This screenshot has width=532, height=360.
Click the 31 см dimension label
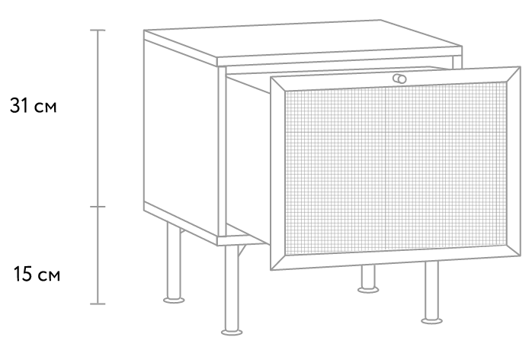pyautogui.click(x=33, y=105)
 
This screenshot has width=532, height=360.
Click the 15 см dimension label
pyautogui.click(x=37, y=274)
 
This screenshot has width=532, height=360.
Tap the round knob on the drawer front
pyautogui.click(x=399, y=79)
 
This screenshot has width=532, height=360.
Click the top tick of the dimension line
pyautogui.click(x=98, y=31)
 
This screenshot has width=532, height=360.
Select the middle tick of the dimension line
pyautogui.click(x=98, y=207)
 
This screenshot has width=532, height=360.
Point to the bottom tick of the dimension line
pyautogui.click(x=98, y=304)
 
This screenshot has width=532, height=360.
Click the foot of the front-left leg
pyautogui.click(x=232, y=332)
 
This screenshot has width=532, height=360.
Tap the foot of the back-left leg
pyautogui.click(x=174, y=300)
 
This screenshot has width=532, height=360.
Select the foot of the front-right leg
pyautogui.click(x=431, y=320)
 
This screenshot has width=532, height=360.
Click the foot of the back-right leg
pyautogui.click(x=368, y=289)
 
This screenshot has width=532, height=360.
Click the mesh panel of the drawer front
pyautogui.click(x=396, y=168)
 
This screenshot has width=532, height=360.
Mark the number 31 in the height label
pyautogui.click(x=19, y=105)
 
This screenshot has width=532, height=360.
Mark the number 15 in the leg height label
pyautogui.click(x=23, y=274)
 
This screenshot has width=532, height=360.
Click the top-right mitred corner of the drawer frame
pyautogui.click(x=520, y=67)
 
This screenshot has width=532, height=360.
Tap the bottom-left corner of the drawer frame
pyautogui.click(x=271, y=269)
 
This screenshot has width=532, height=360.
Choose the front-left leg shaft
pyautogui.click(x=232, y=288)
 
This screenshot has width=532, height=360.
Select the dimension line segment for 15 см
pyautogui.click(x=98, y=255)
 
